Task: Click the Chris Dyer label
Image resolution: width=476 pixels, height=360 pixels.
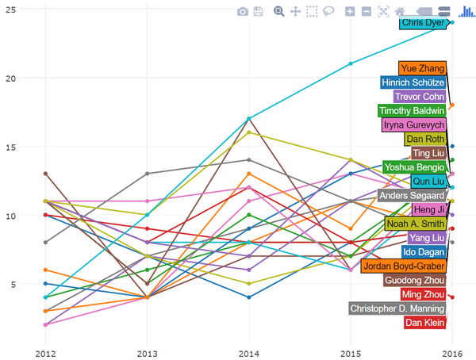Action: pos(424,23)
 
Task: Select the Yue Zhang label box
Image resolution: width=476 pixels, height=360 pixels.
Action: pos(422,68)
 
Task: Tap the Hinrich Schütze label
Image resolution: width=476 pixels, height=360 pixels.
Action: pos(413,82)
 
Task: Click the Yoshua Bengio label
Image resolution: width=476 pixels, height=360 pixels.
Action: pos(413,167)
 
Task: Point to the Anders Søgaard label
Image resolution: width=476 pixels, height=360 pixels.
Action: pos(411,195)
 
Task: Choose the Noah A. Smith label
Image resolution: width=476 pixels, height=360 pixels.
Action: pos(415,224)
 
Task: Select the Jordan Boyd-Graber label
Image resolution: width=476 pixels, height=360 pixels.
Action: pos(404,266)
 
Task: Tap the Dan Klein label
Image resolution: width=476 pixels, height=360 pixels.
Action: pos(424,322)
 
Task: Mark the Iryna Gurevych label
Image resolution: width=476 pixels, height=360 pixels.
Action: pos(413,124)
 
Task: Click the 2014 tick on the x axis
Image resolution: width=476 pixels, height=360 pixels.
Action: pos(249,353)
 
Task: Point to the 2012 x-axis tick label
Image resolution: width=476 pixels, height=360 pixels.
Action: pos(45,353)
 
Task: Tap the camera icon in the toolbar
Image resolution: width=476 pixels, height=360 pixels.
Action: pos(244,11)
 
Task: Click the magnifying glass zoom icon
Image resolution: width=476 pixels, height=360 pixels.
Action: pos(278,11)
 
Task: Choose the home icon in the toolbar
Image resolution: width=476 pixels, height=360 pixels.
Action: pos(401,11)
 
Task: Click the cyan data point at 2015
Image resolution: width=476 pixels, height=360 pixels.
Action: pos(351,63)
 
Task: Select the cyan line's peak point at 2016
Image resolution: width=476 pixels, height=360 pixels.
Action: pos(452,22)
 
